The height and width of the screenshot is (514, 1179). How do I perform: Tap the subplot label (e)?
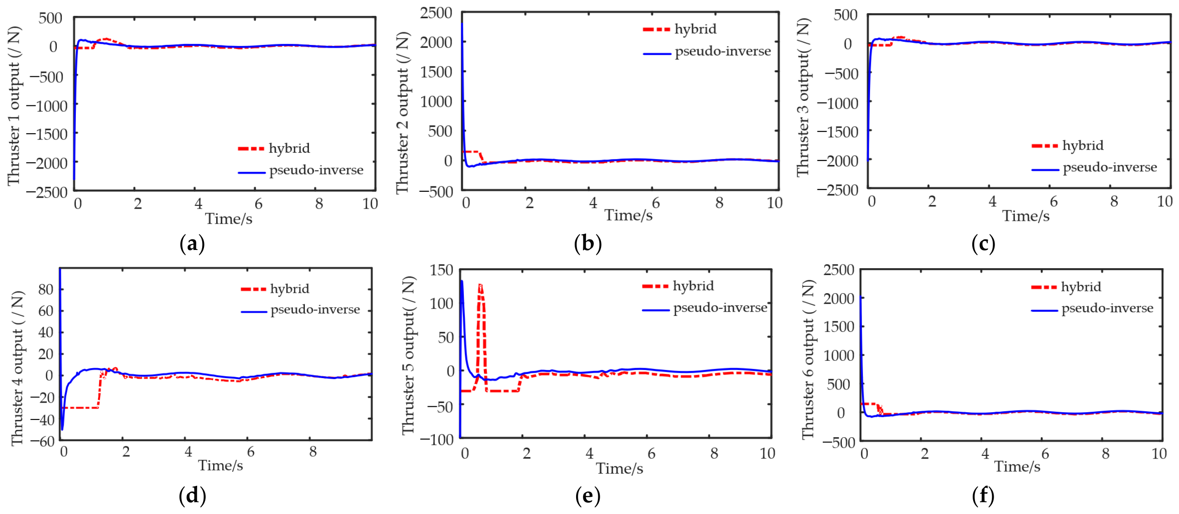pos(587,496)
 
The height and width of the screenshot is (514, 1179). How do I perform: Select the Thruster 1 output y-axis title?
pos(14,106)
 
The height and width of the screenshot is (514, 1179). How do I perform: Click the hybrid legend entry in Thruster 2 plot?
pos(680,29)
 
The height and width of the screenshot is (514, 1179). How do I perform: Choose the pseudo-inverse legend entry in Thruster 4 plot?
pos(301,310)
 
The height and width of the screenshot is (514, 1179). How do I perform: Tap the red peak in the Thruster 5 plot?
pos(480,285)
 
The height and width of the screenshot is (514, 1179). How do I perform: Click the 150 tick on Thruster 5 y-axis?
pos(441,270)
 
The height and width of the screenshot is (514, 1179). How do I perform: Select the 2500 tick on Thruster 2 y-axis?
pos(436,13)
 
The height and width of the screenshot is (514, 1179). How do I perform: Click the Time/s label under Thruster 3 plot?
pos(1026,216)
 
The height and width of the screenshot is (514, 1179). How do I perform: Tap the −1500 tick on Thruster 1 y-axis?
pos(47,135)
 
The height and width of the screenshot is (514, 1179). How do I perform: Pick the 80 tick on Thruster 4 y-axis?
pos(46,289)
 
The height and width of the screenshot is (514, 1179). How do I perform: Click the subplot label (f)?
pos(983,496)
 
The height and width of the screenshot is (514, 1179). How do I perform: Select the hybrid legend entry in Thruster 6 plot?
pos(1066,287)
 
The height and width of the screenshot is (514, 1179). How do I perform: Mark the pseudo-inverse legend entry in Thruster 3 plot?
pos(1094,168)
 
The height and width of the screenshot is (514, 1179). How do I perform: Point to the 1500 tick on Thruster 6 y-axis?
pos(839,327)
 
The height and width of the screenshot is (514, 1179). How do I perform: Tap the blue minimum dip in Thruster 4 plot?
pos(62,429)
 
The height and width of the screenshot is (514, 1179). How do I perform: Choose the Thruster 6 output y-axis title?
pos(809,359)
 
